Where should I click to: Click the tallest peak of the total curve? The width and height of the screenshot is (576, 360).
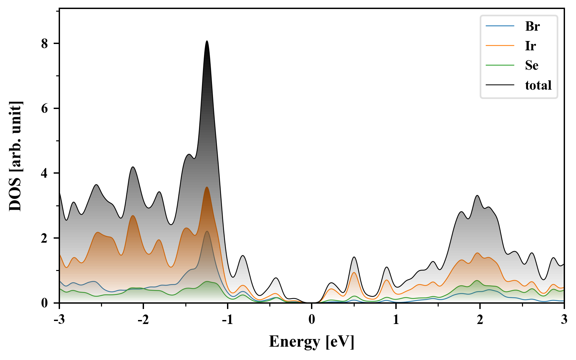coord(207,41)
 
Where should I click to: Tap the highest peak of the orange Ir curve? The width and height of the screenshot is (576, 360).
coord(207,187)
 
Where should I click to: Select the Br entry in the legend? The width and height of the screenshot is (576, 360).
coord(532,26)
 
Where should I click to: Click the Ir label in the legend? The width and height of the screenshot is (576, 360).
coord(530,46)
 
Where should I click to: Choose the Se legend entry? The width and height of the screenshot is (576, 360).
coord(532,65)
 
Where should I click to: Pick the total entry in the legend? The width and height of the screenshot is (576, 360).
coord(538,85)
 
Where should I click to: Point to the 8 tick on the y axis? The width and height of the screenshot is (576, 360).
coord(45,44)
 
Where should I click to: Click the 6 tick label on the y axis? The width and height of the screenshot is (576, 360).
coord(45,109)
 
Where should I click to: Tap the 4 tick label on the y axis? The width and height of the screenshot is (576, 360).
coord(45,173)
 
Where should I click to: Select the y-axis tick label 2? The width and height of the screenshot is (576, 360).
coord(45,238)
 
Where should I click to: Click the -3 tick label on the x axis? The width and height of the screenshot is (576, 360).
coord(59,320)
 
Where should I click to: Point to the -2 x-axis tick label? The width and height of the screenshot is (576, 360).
coord(143,320)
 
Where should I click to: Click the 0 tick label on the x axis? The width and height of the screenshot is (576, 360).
coord(312,320)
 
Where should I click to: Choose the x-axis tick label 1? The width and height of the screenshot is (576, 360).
coord(396,320)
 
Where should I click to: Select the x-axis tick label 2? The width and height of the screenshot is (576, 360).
coord(480,320)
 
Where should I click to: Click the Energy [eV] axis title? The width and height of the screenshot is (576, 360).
coord(312,342)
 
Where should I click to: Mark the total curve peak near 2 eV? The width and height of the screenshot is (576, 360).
coord(477,195)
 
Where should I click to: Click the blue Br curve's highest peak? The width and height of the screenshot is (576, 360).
coord(207,231)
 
